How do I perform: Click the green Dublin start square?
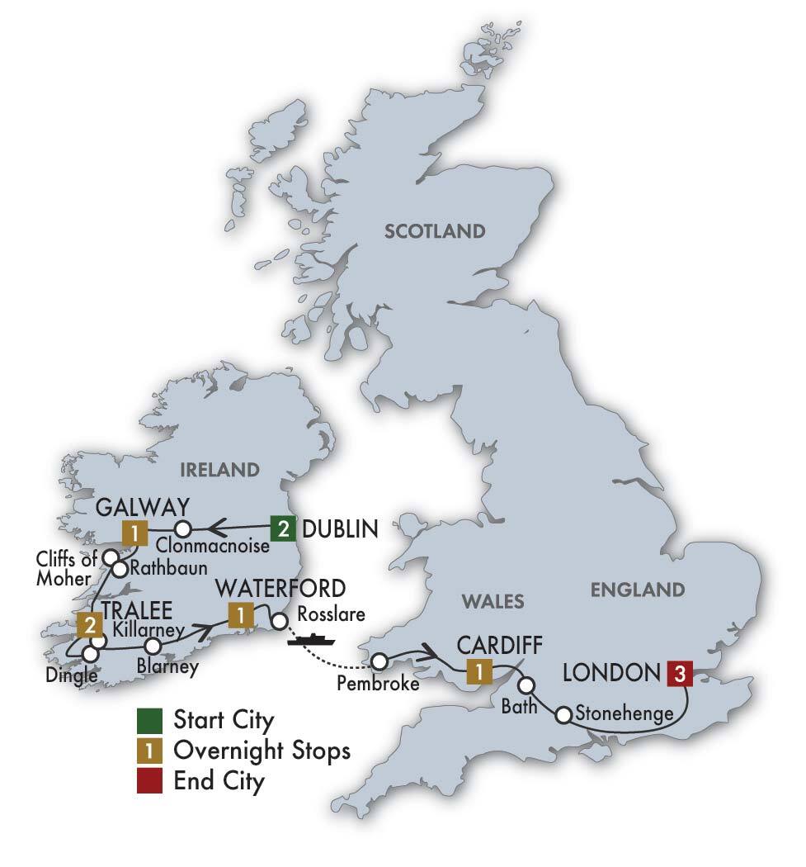tap(283, 528)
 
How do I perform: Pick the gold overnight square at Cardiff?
tap(478, 671)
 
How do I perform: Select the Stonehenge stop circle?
tap(563, 715)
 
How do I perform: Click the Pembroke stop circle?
tap(379, 661)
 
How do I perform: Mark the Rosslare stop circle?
tap(280, 622)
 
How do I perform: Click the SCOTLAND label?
tap(435, 231)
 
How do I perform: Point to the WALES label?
tap(492, 601)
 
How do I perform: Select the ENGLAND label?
tap(638, 590)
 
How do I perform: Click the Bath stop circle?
tap(526, 685)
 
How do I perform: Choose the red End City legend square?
tap(146, 781)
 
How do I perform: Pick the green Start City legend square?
tap(146, 720)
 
